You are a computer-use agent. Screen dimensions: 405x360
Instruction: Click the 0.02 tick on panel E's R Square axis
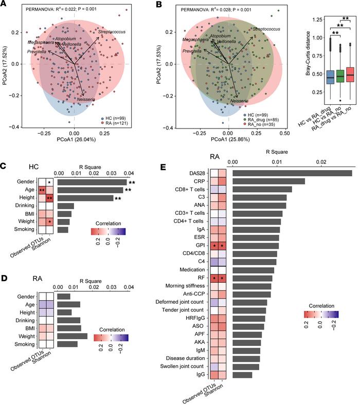pos(322,162)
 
